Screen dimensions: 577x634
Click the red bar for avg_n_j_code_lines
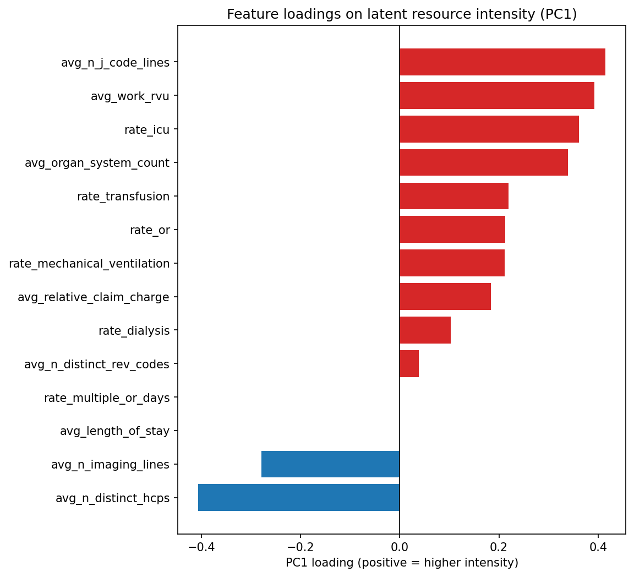502,62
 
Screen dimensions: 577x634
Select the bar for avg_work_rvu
496,96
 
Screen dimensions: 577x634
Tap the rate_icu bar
489,129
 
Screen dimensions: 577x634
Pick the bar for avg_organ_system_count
483,163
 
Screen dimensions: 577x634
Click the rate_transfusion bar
453,197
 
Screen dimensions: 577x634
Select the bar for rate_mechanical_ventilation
452,263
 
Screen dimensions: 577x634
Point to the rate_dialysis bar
425,330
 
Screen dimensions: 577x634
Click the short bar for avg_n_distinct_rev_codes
409,364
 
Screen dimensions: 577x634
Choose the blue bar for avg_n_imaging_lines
330,464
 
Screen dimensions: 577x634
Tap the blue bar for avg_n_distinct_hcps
298,498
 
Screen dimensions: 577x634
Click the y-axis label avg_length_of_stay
114,431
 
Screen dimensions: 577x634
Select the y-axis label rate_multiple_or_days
107,398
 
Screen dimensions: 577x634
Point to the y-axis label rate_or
150,230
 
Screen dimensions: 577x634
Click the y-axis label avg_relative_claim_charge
94,297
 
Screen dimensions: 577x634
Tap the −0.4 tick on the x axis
201,547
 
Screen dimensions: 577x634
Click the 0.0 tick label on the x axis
400,547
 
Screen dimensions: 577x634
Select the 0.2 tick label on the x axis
499,547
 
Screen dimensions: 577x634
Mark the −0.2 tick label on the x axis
300,547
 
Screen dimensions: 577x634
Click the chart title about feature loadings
402,14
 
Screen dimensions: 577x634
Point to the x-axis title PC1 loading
402,563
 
